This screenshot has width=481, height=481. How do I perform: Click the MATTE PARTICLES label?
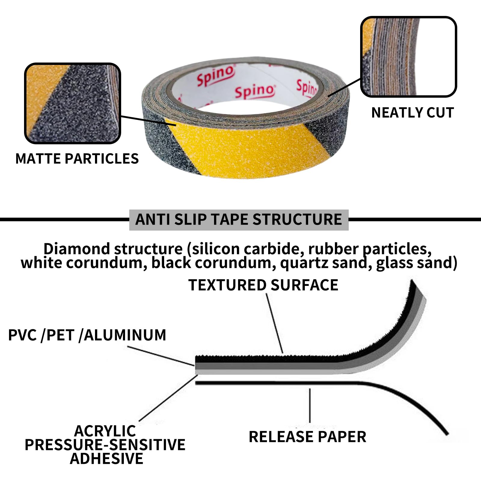(x=77, y=158)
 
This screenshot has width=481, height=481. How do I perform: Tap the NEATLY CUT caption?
(x=412, y=113)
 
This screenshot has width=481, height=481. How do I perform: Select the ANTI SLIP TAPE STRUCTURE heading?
(x=239, y=219)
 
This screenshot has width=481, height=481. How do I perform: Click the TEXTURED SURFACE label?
(x=263, y=285)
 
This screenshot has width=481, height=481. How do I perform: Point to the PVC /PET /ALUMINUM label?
(x=87, y=335)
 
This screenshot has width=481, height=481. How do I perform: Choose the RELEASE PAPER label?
(x=308, y=437)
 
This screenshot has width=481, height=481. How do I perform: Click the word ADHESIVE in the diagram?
(x=106, y=458)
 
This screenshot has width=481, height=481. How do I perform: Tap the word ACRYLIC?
(x=105, y=431)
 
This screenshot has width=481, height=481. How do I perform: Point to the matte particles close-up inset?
(x=72, y=103)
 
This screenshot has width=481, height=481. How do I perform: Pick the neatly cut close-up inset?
(x=409, y=57)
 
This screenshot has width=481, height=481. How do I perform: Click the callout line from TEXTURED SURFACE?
(x=274, y=323)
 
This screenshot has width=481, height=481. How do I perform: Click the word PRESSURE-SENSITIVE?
(x=105, y=445)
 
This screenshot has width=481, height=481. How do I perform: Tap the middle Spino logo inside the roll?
(x=255, y=91)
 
